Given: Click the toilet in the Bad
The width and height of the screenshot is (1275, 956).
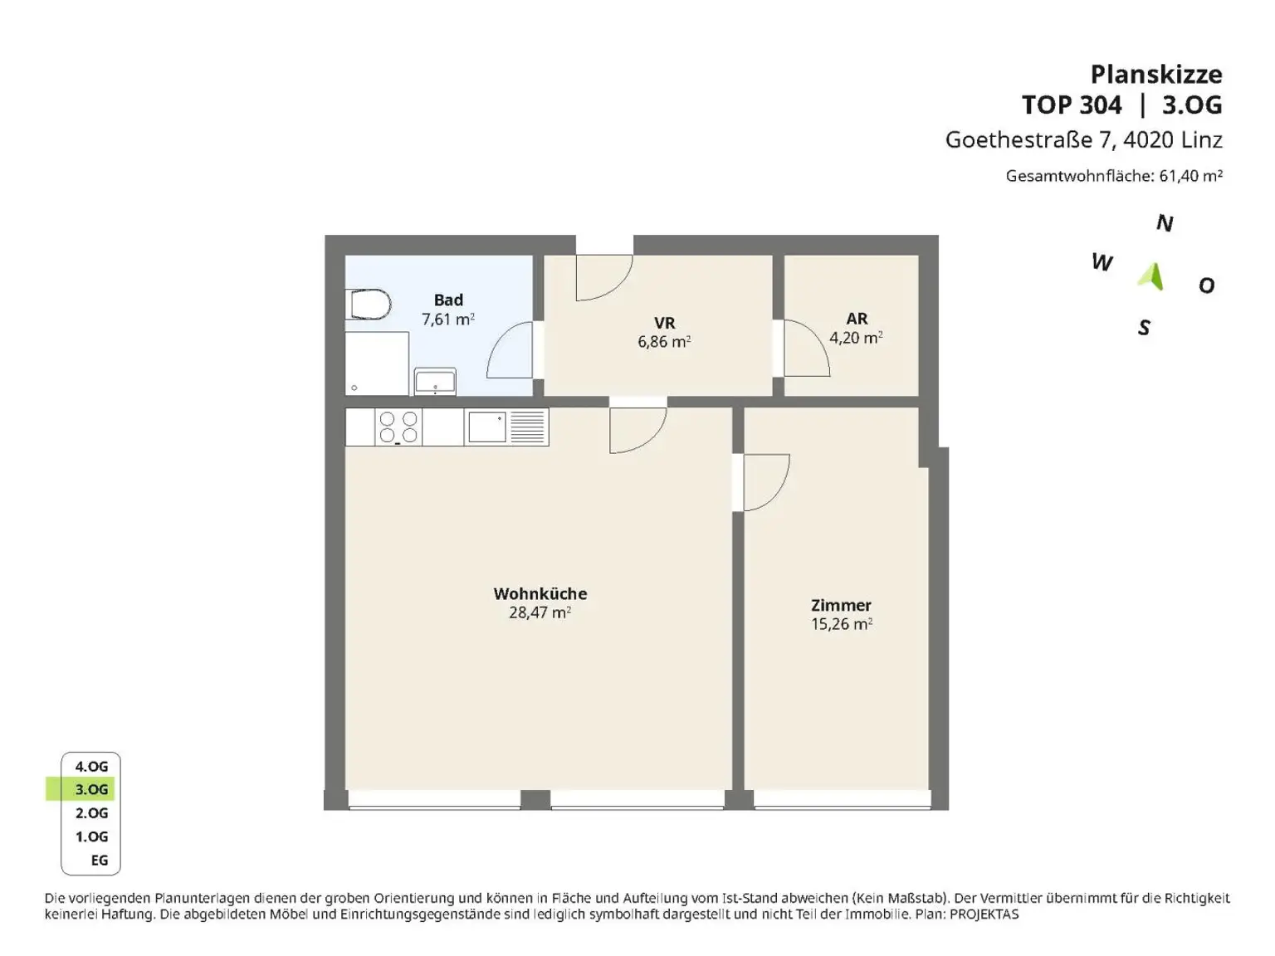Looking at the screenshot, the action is [x=368, y=305].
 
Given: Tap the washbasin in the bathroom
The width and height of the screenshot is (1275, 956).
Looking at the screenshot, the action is [x=435, y=382].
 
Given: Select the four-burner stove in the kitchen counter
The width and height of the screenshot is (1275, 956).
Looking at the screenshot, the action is [x=398, y=427].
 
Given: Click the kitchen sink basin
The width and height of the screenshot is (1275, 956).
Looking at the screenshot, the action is [x=486, y=427].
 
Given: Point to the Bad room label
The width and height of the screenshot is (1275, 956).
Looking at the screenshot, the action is [x=448, y=300].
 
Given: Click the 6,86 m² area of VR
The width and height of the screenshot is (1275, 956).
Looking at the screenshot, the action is [x=664, y=341].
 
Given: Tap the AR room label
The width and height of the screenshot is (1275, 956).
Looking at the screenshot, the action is [x=857, y=319].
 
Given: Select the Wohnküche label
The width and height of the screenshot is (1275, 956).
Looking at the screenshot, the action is [x=540, y=594].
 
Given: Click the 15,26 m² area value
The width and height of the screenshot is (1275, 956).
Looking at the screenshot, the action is [x=842, y=624].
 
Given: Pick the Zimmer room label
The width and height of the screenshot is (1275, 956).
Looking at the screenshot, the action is [x=841, y=606].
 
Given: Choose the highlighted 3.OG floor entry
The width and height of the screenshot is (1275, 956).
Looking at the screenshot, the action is [x=91, y=789].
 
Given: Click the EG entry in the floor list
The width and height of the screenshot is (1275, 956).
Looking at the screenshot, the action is [x=100, y=861].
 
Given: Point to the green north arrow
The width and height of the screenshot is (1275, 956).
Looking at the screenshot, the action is [x=1150, y=276].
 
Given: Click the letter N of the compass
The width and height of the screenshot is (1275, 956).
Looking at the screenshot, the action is [x=1165, y=223].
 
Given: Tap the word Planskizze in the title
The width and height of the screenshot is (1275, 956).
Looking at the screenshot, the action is [x=1156, y=75].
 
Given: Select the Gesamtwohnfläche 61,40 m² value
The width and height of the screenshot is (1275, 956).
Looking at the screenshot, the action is [x=1191, y=175].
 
